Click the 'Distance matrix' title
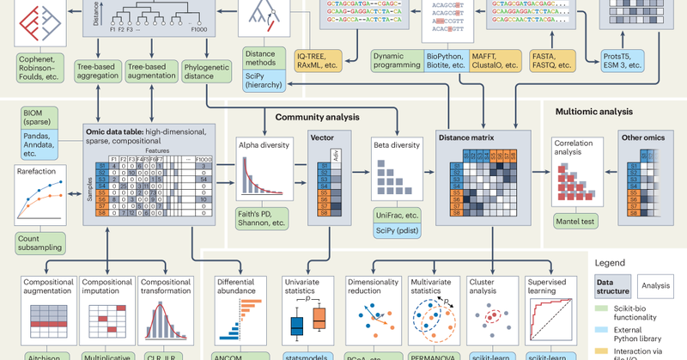[x=469, y=136]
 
